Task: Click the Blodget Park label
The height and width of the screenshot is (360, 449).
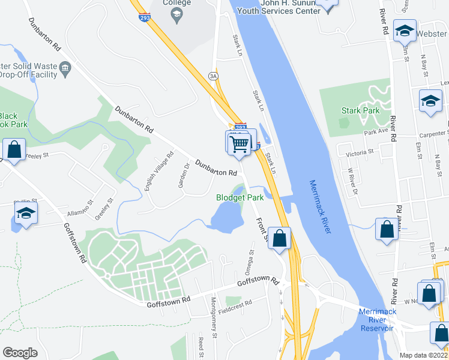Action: coord(240,197)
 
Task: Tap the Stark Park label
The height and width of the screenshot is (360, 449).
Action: coord(360,110)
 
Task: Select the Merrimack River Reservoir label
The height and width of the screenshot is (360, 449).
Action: coord(377,320)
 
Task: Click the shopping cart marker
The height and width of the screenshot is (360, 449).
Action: coord(240,143)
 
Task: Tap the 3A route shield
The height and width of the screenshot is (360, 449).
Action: coord(212,76)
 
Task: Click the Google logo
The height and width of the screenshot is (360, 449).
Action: coord(20,353)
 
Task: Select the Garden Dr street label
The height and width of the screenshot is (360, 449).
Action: coord(184,175)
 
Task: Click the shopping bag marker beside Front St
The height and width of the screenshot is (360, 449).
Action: coord(279,238)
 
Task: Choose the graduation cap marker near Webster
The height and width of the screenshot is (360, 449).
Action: coord(405,30)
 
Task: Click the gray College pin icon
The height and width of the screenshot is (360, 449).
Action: coord(176,17)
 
